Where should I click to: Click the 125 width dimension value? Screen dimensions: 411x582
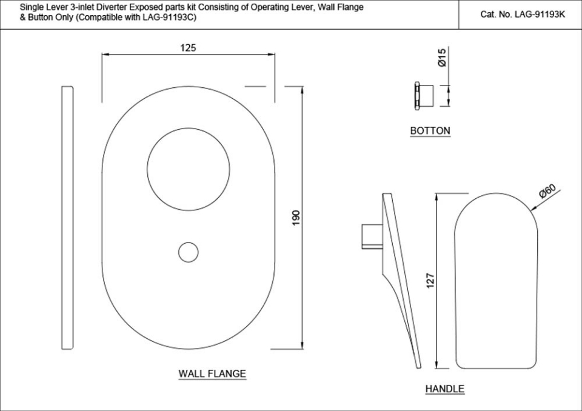(188, 48)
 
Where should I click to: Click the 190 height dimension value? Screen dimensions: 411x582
(296, 218)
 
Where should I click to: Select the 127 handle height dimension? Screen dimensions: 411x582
(431, 280)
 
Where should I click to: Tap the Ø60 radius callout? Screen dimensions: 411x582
(547, 192)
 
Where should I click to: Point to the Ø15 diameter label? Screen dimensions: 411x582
(442, 58)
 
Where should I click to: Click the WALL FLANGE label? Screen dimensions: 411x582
(212, 373)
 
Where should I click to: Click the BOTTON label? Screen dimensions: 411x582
(430, 130)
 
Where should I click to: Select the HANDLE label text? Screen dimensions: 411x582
(444, 389)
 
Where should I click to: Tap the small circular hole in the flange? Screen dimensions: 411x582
(189, 252)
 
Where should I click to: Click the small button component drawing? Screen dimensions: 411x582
(425, 95)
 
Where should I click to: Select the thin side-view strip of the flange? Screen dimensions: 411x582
(68, 218)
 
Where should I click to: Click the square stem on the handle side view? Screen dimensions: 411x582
(370, 236)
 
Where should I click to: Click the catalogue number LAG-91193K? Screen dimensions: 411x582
(522, 14)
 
